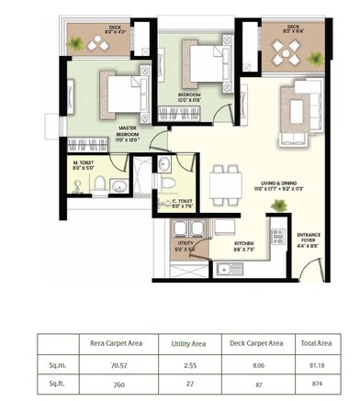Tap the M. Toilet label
pyautogui.click(x=84, y=165)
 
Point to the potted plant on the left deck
pyautogui.click(x=91, y=42)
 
